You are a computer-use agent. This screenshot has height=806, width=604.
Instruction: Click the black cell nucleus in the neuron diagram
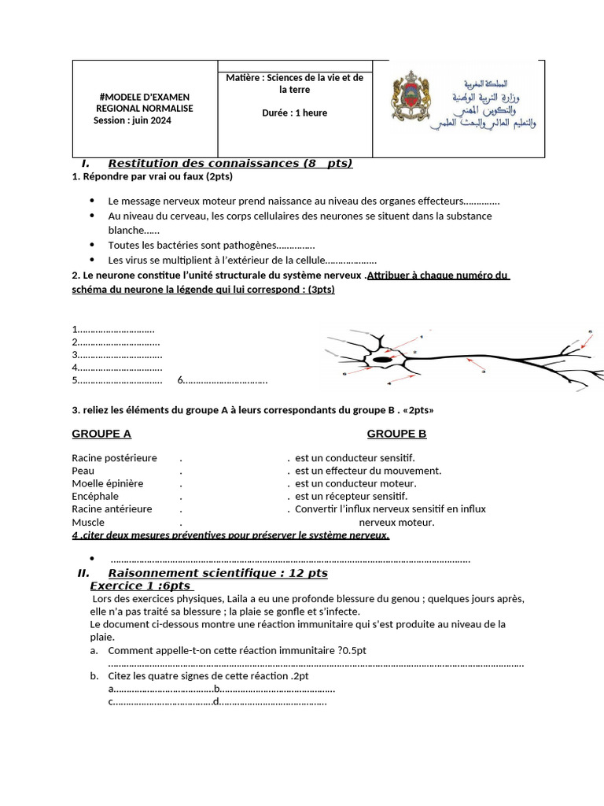tap(382, 360)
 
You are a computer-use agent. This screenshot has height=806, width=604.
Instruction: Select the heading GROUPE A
tap(101, 434)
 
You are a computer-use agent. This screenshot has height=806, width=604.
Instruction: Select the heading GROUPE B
tap(396, 434)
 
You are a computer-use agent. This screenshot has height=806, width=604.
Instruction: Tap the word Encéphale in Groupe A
tap(95, 496)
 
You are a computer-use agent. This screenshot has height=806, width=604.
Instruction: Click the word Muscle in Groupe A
tap(88, 522)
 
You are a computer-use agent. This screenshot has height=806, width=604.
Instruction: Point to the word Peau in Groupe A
tap(83, 471)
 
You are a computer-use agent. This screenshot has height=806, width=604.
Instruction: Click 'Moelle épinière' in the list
tap(108, 483)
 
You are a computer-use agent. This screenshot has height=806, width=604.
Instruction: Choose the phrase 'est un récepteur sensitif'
tap(351, 496)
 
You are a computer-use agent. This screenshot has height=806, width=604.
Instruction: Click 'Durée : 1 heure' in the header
tap(294, 113)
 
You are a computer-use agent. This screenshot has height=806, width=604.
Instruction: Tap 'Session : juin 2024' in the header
tap(131, 120)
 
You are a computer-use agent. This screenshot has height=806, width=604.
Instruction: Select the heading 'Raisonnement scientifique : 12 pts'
tap(218, 573)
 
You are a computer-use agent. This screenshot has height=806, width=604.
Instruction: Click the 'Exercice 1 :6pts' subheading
tap(142, 586)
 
